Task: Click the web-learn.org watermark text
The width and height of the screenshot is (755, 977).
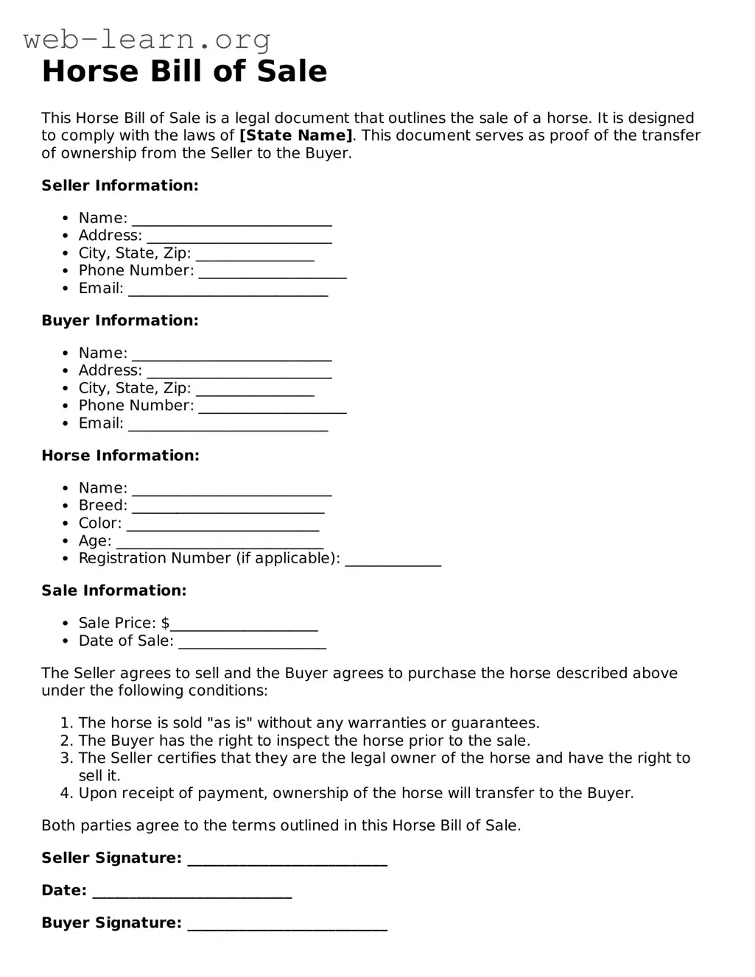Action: click(x=147, y=39)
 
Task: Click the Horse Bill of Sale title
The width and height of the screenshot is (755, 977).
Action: click(x=184, y=71)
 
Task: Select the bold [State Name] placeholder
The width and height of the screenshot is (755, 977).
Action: click(x=296, y=135)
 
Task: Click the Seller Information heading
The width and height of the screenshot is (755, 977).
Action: click(x=120, y=186)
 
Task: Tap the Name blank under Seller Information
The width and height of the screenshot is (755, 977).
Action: click(x=232, y=219)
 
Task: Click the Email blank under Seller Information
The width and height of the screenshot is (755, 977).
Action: click(x=228, y=290)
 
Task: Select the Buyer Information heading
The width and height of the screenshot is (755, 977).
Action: click(x=120, y=320)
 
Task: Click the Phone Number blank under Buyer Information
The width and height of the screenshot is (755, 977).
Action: click(x=273, y=407)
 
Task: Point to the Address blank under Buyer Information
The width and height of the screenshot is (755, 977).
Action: click(x=239, y=372)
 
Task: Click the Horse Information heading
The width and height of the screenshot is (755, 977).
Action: click(x=120, y=456)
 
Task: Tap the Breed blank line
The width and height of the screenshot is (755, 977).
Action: click(x=228, y=507)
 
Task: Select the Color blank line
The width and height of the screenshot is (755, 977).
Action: click(x=222, y=525)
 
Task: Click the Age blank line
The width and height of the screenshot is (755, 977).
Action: click(x=220, y=543)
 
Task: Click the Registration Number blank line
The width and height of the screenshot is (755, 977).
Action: click(x=393, y=560)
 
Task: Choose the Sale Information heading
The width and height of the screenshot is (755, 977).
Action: click(x=114, y=590)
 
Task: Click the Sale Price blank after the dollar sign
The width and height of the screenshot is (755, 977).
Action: click(x=244, y=625)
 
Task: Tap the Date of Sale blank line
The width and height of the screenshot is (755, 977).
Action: click(x=253, y=643)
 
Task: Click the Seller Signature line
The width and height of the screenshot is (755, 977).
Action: click(x=287, y=860)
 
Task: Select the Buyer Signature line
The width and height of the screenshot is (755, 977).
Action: click(x=287, y=925)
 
